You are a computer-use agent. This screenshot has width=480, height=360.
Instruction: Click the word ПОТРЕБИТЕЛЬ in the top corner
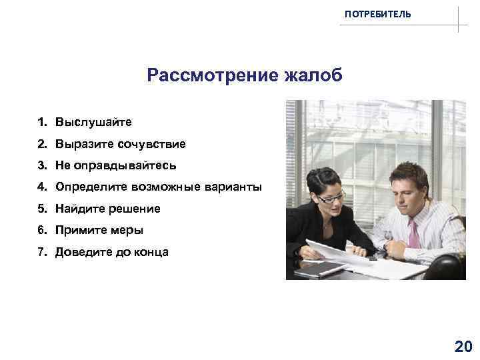(378, 14)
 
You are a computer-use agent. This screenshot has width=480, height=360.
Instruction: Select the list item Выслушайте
(93, 123)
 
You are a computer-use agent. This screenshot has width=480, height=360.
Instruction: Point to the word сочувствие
(151, 144)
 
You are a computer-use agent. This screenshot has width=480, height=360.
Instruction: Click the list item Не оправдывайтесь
(115, 165)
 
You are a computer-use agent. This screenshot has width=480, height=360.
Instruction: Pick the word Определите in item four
(87, 187)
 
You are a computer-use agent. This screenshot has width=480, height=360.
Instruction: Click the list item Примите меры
(99, 230)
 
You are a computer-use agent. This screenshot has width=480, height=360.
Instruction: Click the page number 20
(462, 345)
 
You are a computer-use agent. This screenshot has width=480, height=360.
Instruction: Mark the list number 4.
(41, 187)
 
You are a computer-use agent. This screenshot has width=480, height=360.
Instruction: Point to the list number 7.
(41, 252)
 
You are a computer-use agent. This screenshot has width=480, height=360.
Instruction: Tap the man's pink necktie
(414, 234)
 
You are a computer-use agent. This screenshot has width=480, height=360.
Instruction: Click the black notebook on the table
(321, 268)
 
